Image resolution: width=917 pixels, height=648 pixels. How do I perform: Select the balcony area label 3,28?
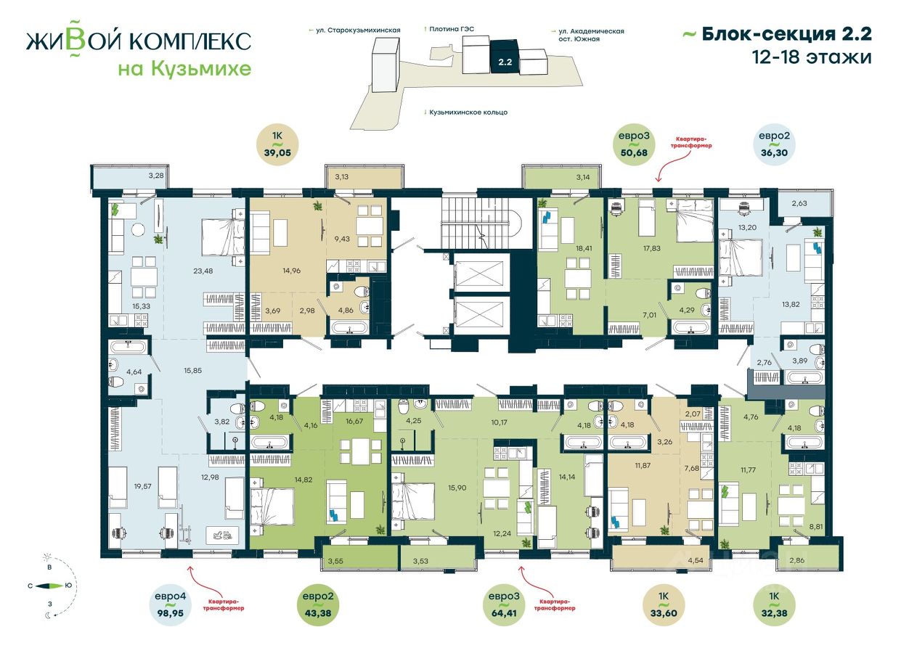pyautogui.click(x=155, y=176)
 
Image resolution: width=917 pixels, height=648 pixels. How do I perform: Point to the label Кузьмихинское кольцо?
pyautogui.click(x=468, y=112)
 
